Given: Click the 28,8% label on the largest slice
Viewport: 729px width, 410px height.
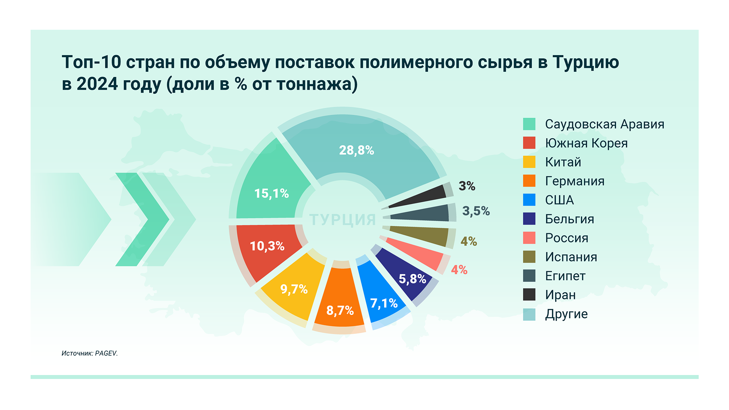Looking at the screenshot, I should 356,150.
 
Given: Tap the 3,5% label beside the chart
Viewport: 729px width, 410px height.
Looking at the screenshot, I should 476,211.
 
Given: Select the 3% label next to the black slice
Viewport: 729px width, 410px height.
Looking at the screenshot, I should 467,186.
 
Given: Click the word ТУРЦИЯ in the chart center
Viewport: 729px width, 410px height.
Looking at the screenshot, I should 343,220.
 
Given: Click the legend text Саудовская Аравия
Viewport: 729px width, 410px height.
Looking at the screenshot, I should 604,124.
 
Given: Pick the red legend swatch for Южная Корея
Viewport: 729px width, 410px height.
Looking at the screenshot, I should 529,143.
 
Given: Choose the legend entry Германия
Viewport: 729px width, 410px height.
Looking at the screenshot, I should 574,181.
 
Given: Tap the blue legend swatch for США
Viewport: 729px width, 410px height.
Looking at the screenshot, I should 529,200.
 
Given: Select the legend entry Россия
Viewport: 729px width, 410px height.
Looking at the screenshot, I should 566,238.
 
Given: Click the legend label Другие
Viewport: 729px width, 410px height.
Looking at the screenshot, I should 566,314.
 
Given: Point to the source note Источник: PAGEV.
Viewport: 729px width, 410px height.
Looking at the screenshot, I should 90,353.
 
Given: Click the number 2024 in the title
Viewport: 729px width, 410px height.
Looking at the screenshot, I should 97,84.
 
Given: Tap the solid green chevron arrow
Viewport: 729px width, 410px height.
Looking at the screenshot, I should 142,219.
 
